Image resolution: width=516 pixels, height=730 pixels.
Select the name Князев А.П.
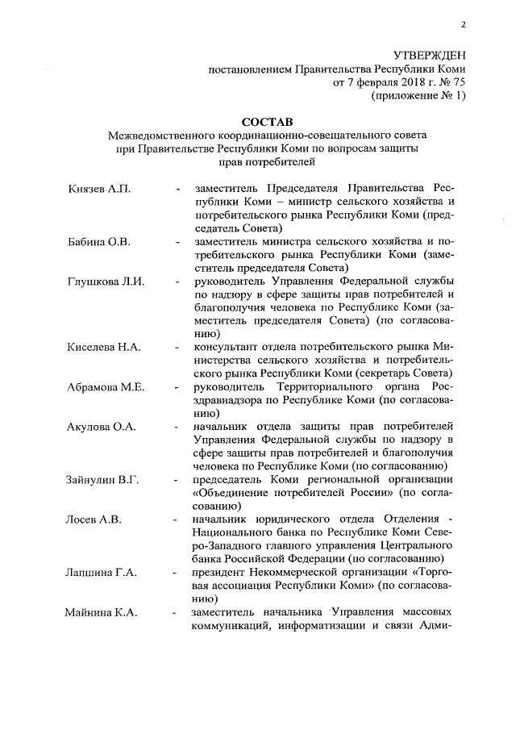coord(98,189)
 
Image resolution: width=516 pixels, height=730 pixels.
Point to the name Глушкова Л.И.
coord(105,281)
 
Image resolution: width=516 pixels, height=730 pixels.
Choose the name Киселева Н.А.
coord(104,347)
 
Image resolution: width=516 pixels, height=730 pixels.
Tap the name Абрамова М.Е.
coord(106,386)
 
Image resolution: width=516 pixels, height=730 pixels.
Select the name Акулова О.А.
coord(101,426)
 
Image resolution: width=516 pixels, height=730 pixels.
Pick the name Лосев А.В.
coord(94,519)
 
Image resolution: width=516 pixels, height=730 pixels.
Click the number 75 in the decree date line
coord(458,82)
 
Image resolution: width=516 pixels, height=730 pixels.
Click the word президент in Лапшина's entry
coord(222,572)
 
